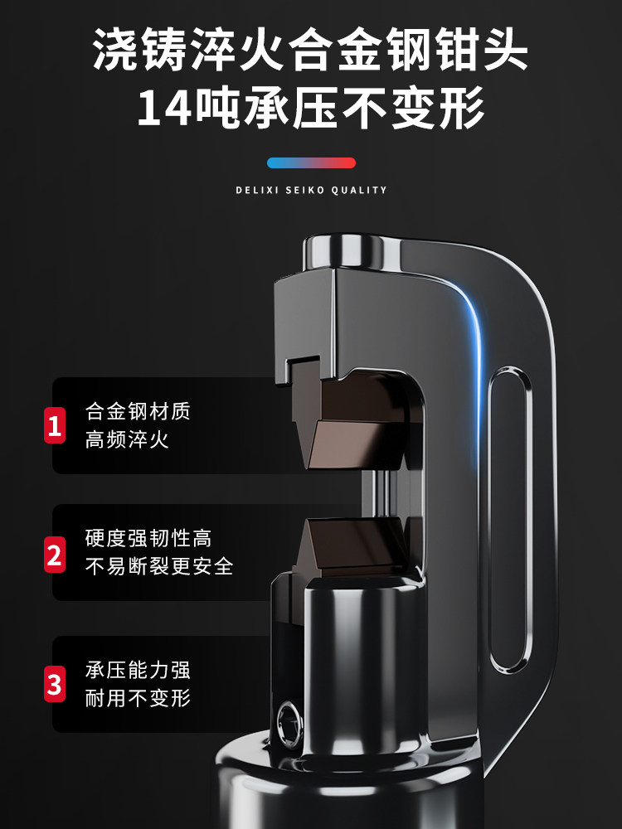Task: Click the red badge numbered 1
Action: point(55,425)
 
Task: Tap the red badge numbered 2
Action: point(55,554)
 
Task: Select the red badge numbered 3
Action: point(55,684)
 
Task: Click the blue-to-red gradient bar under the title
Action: point(311,162)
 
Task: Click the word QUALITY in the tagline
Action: point(359,191)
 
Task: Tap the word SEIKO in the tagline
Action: point(305,191)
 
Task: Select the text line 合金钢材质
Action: point(138,411)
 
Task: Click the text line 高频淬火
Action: point(127,439)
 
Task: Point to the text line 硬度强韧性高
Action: point(148,538)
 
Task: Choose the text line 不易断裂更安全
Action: point(159,566)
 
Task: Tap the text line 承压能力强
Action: point(138,670)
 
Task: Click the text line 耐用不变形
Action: point(138,698)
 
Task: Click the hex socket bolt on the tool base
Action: point(289,723)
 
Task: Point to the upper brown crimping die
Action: point(354,420)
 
